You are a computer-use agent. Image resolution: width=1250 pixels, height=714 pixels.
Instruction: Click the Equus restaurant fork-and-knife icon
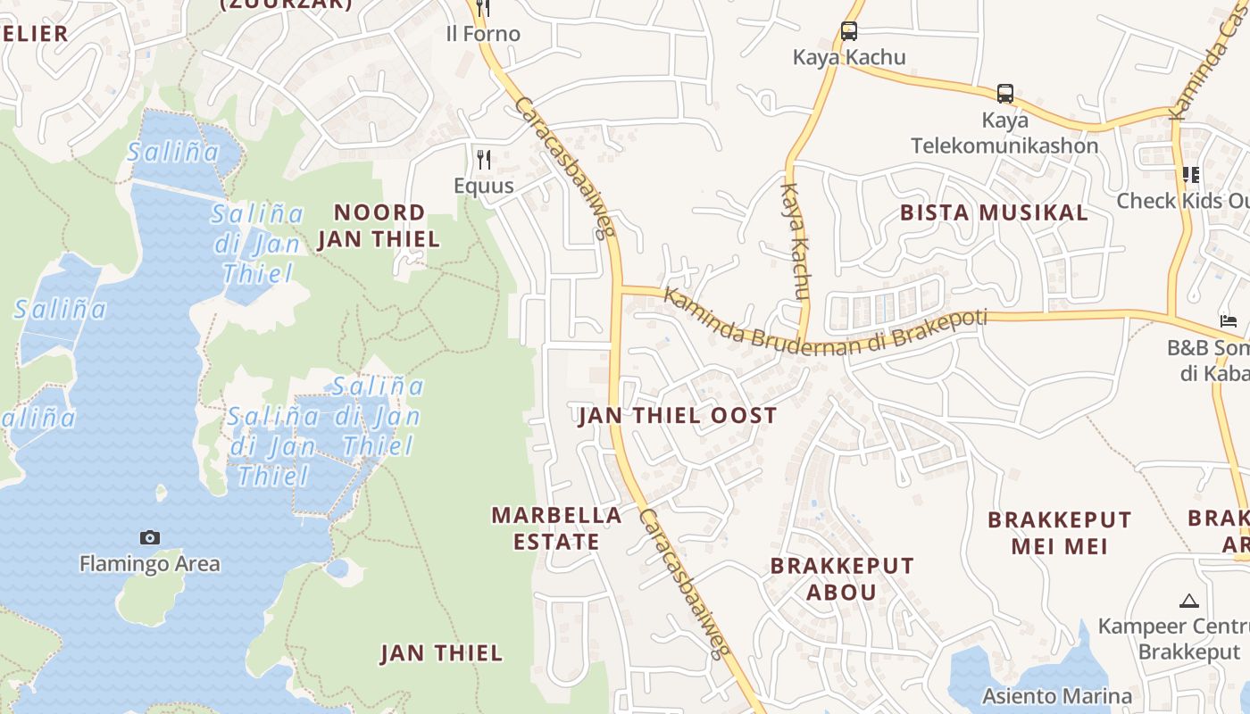(x=484, y=160)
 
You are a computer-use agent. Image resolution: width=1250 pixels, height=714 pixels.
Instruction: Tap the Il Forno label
(x=483, y=34)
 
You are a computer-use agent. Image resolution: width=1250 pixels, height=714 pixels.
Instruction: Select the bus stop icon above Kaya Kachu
(x=848, y=31)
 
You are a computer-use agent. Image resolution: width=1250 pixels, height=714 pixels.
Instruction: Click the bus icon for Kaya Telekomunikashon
(x=1004, y=94)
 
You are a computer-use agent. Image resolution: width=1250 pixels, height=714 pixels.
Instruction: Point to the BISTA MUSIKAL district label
(x=994, y=212)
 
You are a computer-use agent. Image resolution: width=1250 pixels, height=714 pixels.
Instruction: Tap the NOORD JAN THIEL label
(x=379, y=225)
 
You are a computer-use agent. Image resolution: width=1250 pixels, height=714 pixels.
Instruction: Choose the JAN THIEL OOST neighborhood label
(x=678, y=415)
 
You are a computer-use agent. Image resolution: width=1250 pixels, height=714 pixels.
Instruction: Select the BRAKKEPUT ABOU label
(x=842, y=578)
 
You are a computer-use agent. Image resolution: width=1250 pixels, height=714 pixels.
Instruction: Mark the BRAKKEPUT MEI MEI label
(x=1059, y=532)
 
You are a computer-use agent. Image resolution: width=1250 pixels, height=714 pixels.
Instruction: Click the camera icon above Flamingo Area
(x=150, y=537)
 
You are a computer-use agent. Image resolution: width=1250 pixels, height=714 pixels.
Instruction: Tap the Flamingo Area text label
(x=150, y=564)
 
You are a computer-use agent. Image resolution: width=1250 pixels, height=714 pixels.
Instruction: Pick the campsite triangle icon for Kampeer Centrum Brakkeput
(x=1187, y=602)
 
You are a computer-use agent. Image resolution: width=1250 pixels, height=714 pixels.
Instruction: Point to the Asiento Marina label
(x=1057, y=695)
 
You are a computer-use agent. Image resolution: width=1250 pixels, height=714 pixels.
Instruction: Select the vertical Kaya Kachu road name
(x=795, y=241)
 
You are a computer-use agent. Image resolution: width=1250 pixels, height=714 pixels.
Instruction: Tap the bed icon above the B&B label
(x=1229, y=321)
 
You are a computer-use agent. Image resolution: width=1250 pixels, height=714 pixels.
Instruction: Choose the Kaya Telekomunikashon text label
(x=1004, y=133)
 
